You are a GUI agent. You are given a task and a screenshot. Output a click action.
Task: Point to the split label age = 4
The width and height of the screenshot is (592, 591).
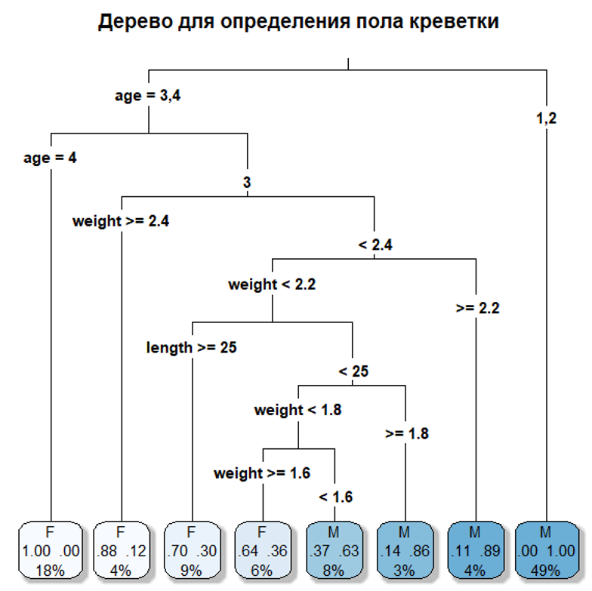(50, 159)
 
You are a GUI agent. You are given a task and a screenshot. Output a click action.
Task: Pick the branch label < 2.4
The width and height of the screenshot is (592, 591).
(375, 245)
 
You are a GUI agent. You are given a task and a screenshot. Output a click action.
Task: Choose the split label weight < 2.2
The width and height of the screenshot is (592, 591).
(272, 285)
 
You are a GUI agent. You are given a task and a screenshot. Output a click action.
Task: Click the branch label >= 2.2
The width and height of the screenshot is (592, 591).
(477, 308)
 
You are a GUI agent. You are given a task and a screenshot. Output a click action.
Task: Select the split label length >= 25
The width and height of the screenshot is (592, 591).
(192, 348)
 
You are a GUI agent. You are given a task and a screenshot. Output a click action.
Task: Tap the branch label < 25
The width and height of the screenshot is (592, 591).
(353, 371)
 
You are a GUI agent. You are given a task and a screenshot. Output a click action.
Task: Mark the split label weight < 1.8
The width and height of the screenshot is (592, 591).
(298, 411)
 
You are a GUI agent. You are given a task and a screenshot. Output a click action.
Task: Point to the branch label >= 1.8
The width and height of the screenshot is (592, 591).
(407, 434)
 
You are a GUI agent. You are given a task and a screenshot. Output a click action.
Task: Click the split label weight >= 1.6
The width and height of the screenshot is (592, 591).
(262, 474)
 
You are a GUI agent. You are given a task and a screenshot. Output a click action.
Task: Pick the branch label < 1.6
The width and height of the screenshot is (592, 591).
(335, 497)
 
